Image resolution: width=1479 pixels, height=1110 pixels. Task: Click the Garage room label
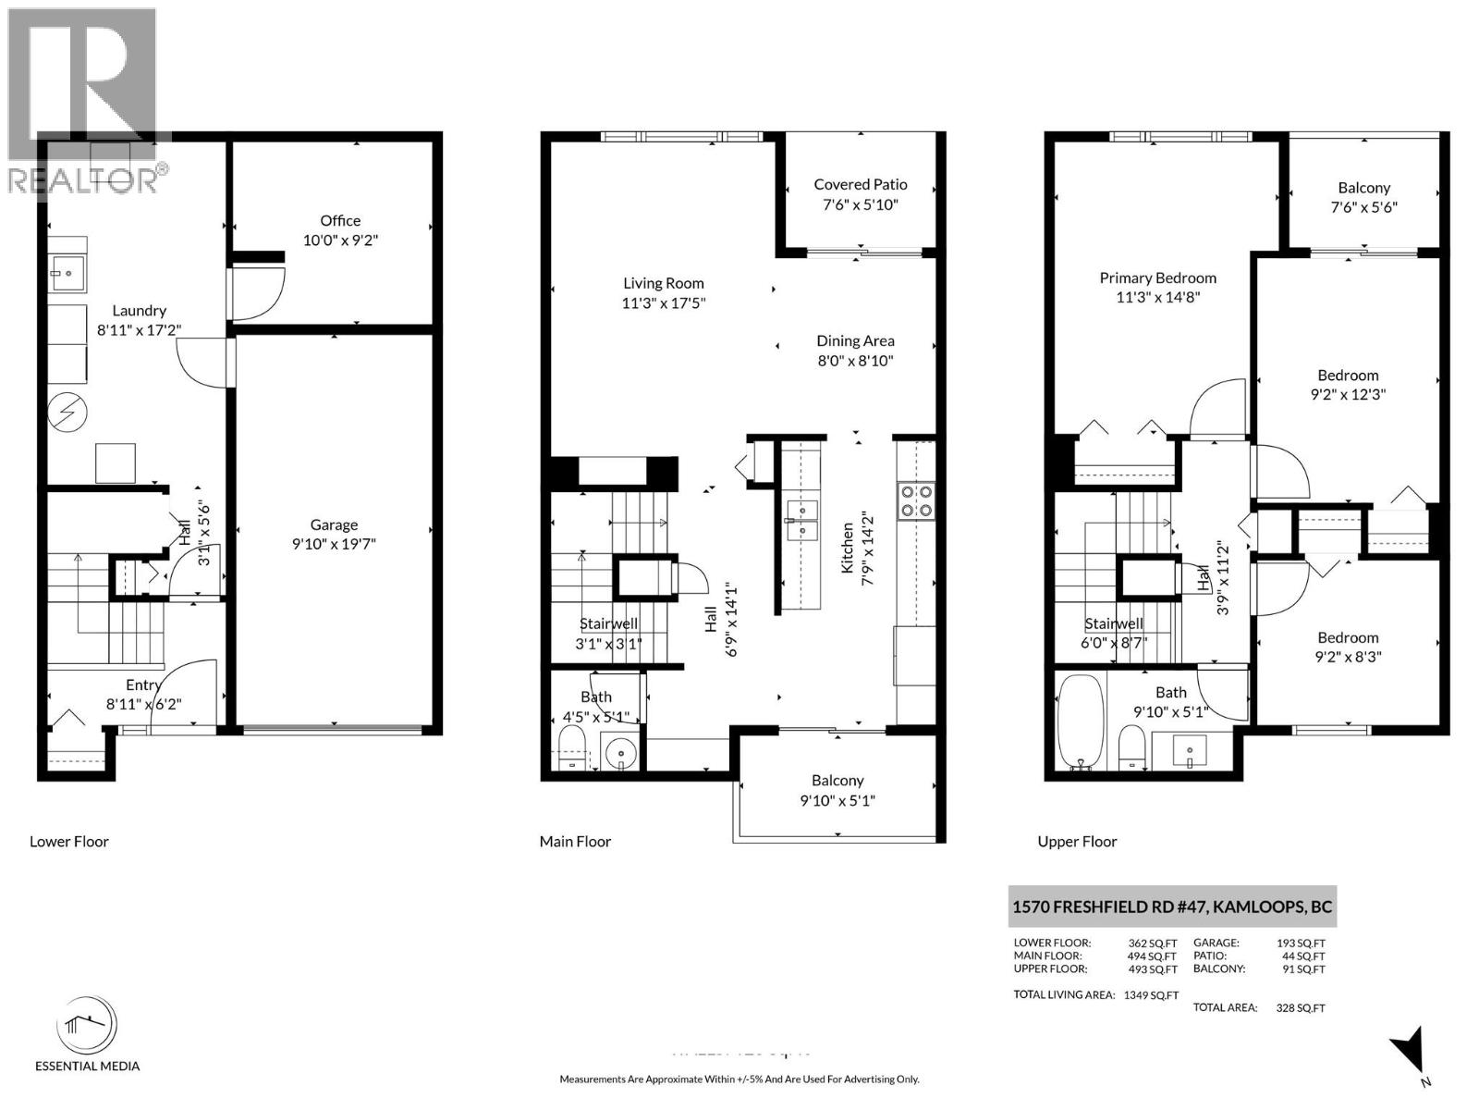point(334,524)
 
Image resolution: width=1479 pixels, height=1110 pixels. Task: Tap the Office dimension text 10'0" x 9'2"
point(340,240)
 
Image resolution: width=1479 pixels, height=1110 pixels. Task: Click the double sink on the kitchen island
point(801,519)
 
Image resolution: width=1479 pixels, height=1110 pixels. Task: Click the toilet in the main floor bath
point(572,746)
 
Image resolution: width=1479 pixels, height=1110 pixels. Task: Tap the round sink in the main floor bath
point(621,751)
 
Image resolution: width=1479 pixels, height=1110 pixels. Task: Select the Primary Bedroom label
point(1157,277)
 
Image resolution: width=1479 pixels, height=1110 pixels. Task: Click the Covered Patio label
point(860,184)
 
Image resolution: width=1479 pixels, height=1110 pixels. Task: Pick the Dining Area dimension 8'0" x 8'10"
point(855,361)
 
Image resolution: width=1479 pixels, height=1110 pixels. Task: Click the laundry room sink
point(67,274)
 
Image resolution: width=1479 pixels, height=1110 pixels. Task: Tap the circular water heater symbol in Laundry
point(67,413)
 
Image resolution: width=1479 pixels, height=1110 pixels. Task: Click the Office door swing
point(257,292)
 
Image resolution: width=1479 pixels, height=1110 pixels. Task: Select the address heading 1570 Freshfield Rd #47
point(1171,906)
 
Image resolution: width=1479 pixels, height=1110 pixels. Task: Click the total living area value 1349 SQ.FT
point(1151,995)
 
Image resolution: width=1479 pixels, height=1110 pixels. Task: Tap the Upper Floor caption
point(1077,842)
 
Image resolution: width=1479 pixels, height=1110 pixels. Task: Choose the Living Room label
point(663,283)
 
